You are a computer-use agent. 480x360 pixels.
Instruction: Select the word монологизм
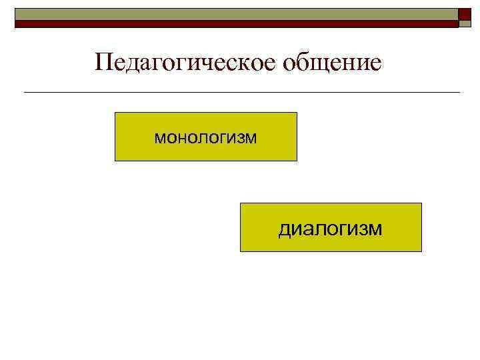point(205,137)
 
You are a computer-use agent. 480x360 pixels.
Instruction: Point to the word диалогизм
point(331,229)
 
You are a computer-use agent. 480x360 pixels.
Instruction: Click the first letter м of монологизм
point(159,138)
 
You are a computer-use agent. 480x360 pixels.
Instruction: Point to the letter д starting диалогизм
point(284,230)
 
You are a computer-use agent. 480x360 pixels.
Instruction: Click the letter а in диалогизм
point(305,229)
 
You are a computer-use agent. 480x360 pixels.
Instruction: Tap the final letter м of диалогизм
point(377,229)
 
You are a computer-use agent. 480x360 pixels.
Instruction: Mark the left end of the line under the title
point(24,92)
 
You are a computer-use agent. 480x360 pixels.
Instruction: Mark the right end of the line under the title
point(459,92)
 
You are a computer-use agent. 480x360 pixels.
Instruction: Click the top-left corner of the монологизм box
point(115,113)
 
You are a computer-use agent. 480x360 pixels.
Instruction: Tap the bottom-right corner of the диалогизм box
point(421,251)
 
